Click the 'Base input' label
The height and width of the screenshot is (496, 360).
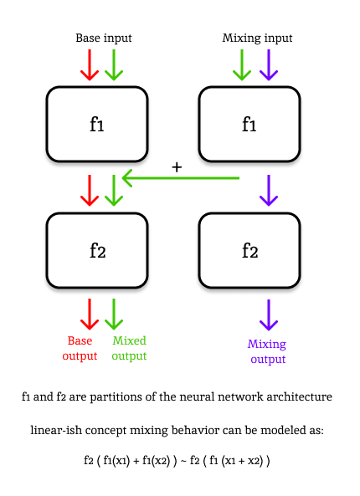point(104,38)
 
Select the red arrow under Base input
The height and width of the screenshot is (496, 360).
point(90,65)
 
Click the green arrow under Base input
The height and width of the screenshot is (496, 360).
point(114,65)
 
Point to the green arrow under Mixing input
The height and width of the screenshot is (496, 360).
point(242,65)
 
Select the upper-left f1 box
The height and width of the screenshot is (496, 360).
point(97,125)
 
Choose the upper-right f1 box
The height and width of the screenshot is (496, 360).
point(249,125)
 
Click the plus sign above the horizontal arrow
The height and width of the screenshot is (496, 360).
point(177,167)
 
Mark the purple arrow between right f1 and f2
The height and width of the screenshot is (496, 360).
point(267,190)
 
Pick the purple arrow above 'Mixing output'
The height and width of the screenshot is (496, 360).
point(267,314)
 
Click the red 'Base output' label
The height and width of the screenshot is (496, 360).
point(80,348)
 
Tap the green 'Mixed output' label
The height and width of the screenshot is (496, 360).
point(129,348)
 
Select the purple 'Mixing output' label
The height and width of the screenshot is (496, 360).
point(267,351)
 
